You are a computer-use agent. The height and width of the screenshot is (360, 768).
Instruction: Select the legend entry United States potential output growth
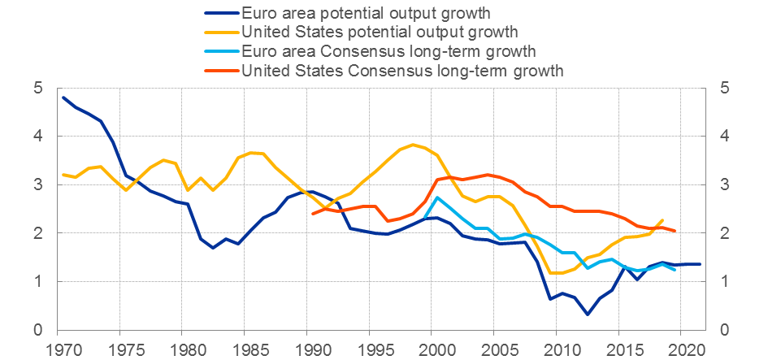[x=380, y=33]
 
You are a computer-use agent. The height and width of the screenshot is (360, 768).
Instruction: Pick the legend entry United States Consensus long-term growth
[x=402, y=71]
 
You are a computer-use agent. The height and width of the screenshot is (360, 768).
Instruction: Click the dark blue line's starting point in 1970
[x=63, y=98]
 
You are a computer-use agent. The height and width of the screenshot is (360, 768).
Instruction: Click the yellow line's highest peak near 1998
[x=414, y=145]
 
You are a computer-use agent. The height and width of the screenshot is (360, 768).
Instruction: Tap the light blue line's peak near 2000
[x=438, y=197]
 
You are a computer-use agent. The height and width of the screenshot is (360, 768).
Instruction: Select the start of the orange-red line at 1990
[x=313, y=214]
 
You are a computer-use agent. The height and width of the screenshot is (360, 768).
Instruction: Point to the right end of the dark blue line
[x=701, y=264]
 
